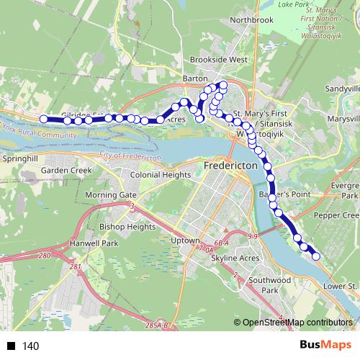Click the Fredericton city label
tap(231, 165)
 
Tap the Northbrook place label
tap(251, 20)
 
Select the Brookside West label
tap(218, 60)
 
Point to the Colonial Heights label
tap(160, 174)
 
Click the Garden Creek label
tap(63, 171)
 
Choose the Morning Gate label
tap(110, 195)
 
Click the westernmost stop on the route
tap(44, 119)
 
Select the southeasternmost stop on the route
tap(315, 256)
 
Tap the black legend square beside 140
tap(11, 346)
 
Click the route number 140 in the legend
tap(31, 346)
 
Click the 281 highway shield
tap(74, 268)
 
